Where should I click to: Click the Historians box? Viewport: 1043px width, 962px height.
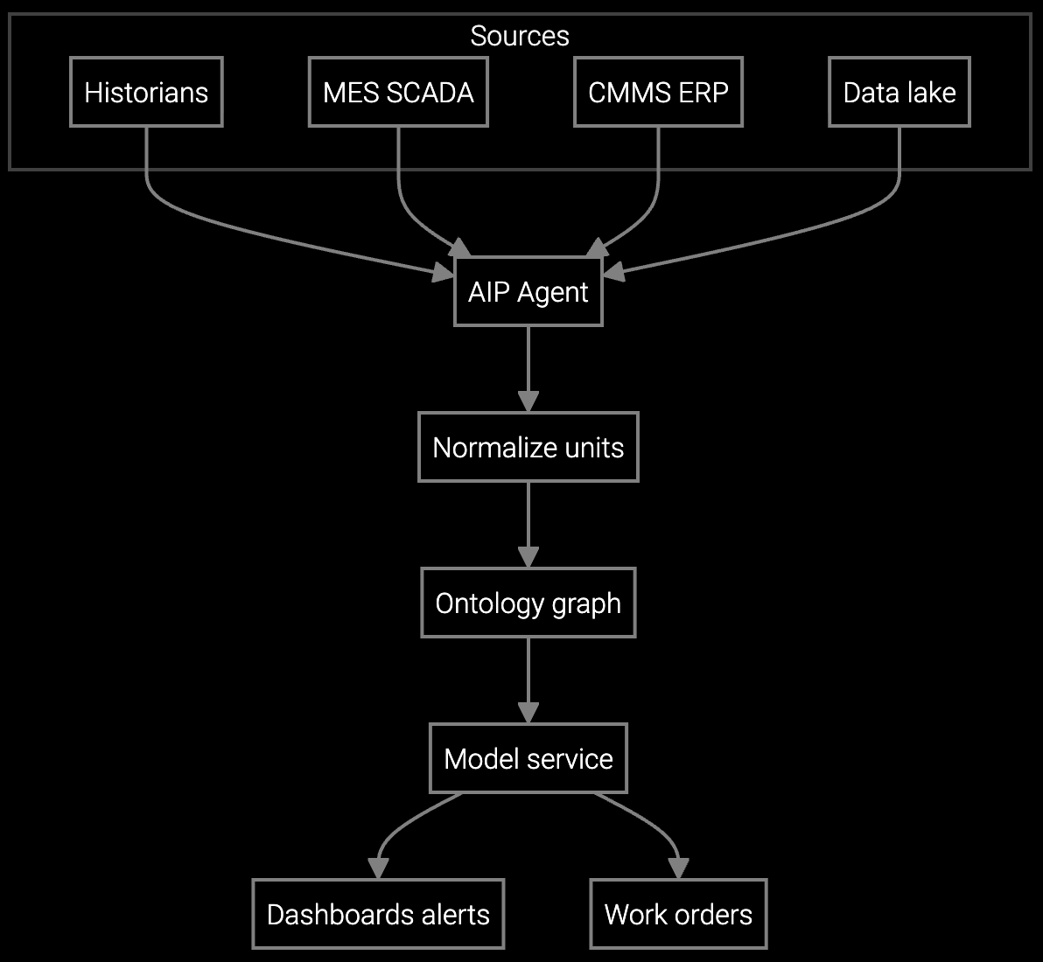coord(146,92)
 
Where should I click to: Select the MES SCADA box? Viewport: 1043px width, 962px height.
coord(398,92)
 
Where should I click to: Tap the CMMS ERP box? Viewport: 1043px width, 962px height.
coord(658,92)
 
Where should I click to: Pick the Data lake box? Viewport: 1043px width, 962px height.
coord(899,92)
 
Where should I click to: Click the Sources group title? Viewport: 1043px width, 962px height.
coord(520,36)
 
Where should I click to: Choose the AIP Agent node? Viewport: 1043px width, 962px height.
coord(528,292)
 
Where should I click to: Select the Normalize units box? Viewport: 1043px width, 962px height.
coord(528,448)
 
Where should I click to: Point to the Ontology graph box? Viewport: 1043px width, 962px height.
coord(528,603)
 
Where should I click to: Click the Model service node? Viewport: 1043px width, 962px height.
coord(528,758)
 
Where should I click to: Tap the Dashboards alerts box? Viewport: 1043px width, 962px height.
coord(378,914)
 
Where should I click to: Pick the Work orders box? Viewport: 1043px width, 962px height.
coord(678,914)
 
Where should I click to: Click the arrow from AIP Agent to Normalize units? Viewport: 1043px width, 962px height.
coord(528,367)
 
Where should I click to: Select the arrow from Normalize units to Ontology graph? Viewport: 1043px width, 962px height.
coord(528,523)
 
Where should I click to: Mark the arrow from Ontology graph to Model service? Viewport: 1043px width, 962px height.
coord(528,679)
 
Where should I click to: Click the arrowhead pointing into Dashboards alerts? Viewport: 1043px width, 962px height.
coord(378,868)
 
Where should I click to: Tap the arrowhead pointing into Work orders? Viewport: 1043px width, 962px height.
coord(678,868)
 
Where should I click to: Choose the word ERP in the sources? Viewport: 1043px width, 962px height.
coord(704,92)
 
